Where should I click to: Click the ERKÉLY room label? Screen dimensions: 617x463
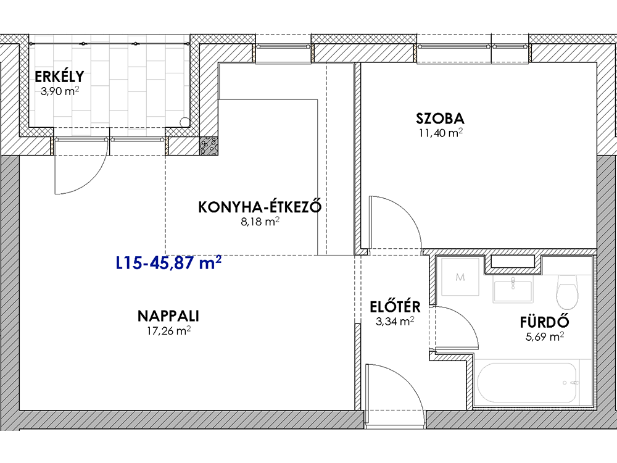[x=59, y=76]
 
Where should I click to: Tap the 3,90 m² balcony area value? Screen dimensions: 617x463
[x=60, y=91]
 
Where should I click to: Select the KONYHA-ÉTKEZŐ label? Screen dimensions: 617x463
[x=260, y=206]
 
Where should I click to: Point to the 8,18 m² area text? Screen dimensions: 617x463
[x=260, y=222]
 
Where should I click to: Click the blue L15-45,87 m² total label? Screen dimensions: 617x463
[x=168, y=262]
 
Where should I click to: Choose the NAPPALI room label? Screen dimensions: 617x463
[x=168, y=315]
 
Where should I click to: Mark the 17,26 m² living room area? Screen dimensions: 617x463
[x=168, y=331]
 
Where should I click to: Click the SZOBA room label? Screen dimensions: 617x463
[x=441, y=118]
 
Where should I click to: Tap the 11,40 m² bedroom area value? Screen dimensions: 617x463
[x=441, y=133]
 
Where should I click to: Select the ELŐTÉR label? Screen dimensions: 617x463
[x=395, y=306]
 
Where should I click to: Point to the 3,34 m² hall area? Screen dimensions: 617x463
[x=395, y=321]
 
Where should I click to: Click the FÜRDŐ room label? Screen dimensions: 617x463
[x=545, y=322]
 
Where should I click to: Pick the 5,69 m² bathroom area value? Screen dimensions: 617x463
[x=545, y=336]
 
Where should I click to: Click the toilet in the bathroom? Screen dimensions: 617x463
[x=567, y=292]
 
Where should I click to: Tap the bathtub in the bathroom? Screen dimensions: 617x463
[x=528, y=382]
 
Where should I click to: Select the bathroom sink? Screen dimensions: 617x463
[x=513, y=289]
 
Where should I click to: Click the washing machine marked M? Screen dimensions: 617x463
[x=460, y=277]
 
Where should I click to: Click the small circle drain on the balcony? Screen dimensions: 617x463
[x=184, y=122]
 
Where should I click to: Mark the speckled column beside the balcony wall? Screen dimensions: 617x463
[x=208, y=146]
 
